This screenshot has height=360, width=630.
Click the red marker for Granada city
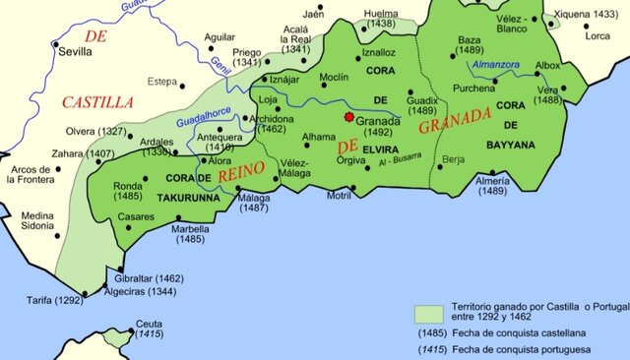(346, 116)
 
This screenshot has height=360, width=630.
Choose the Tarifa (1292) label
(54, 299)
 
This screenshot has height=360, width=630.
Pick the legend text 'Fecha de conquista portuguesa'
(523, 349)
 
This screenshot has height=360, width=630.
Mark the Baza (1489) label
(470, 45)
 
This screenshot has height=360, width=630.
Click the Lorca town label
(598, 35)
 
